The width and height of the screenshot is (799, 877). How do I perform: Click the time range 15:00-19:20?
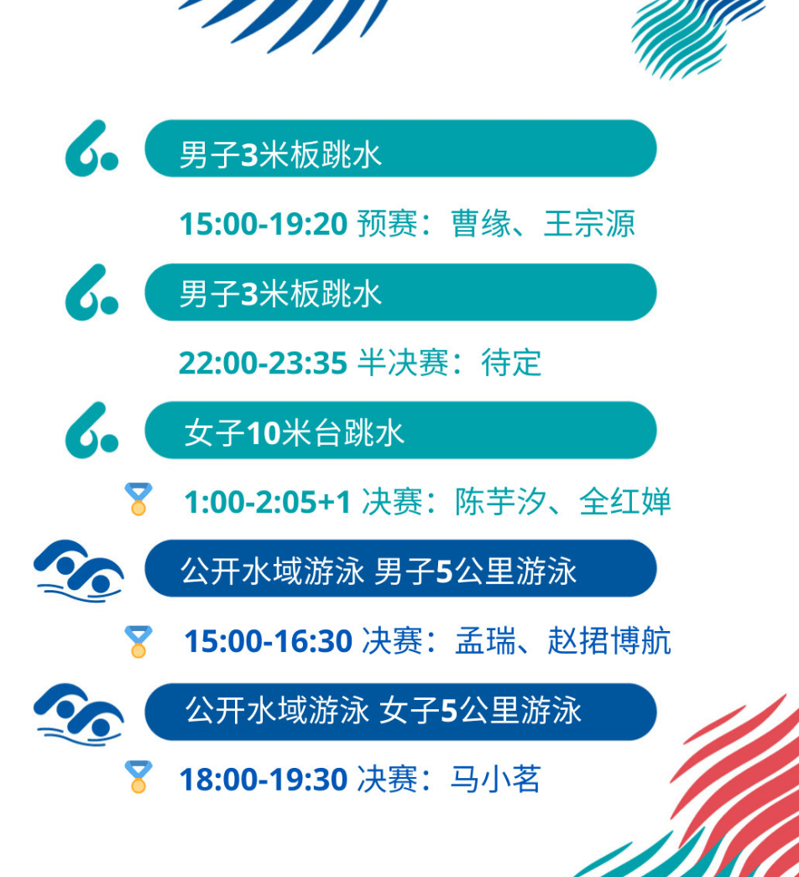pos(264,224)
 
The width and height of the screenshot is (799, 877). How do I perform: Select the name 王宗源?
pos(589,224)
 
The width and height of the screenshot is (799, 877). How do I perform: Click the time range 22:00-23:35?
pos(263,363)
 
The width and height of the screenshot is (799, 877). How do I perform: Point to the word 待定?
pos(511,363)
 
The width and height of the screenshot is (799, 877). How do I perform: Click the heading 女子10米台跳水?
pos(295,433)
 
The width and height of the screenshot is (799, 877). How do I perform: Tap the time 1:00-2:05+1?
pos(268,502)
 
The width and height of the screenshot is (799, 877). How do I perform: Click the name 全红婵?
pos(625,502)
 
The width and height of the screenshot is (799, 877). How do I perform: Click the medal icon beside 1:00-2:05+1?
pos(138,499)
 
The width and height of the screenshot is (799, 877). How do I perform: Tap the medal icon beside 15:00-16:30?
pos(138,641)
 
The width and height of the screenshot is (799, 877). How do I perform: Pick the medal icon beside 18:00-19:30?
pos(138,776)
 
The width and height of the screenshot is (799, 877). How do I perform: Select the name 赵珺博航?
pos(609,641)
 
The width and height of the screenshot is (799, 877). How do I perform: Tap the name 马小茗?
pos(496,779)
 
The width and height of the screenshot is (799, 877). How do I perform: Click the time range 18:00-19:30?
pos(264,779)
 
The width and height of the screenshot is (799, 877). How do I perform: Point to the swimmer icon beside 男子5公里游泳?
pos(79,571)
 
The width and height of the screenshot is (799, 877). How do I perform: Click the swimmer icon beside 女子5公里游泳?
pos(79,714)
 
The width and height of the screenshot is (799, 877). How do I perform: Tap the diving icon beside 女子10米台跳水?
pos(91,431)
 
